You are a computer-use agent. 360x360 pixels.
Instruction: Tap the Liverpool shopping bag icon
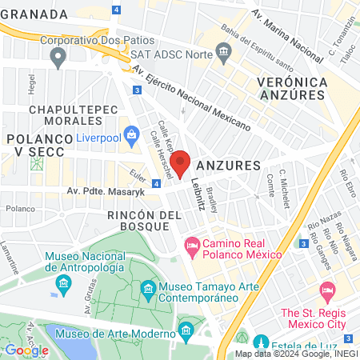tap(131, 134)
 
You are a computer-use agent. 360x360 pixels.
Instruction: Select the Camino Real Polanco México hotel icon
tap(192, 242)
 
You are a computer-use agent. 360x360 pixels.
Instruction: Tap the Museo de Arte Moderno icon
tap(186, 330)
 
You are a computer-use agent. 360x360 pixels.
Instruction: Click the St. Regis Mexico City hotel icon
tap(326, 289)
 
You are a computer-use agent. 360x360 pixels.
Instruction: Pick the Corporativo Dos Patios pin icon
tap(58, 56)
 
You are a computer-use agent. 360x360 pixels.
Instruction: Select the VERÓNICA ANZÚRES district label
tap(292, 90)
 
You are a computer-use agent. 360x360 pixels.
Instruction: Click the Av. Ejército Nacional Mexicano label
tap(192, 99)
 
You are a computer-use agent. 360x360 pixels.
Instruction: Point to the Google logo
tap(26, 350)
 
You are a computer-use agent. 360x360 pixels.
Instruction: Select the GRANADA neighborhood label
tap(34, 14)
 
